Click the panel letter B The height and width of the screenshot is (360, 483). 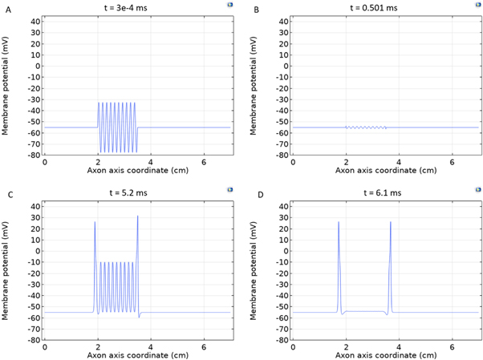click(256, 9)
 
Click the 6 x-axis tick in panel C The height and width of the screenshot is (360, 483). click(202, 346)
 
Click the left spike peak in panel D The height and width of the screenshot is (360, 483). click(339, 222)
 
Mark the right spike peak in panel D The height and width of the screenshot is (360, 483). click(391, 222)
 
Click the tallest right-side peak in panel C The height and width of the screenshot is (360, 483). click(138, 216)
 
